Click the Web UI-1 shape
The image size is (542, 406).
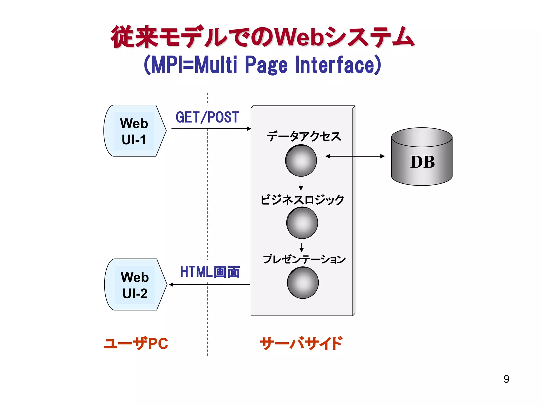(x=134, y=131)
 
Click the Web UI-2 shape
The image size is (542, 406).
(x=135, y=285)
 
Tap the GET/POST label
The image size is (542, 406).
(x=207, y=117)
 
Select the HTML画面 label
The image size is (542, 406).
(x=210, y=272)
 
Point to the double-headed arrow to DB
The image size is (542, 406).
(x=355, y=156)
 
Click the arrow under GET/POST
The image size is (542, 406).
(x=211, y=129)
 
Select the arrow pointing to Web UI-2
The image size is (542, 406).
(x=209, y=285)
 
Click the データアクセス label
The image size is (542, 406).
(x=304, y=137)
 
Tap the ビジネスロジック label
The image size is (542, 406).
(x=302, y=200)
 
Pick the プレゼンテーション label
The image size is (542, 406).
(x=304, y=259)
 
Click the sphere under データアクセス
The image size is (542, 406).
(x=301, y=161)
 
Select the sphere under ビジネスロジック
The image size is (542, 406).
(x=302, y=223)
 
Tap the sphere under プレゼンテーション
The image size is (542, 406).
(x=303, y=283)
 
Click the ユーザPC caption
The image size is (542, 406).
(x=136, y=344)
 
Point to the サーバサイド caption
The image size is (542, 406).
(x=301, y=344)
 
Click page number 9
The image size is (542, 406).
(x=506, y=379)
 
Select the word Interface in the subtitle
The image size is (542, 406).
(x=338, y=65)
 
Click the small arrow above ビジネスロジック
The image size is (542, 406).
(x=301, y=186)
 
